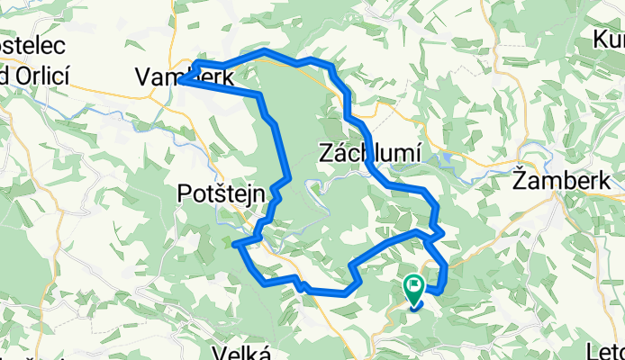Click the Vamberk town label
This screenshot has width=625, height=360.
coord(185,78)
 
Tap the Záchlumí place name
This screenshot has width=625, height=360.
coord(370,154)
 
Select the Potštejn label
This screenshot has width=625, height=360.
coord(220,193)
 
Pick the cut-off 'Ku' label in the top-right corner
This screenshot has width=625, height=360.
coord(608,40)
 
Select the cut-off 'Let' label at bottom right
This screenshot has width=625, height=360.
coord(609,349)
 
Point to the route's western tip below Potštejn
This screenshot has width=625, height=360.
coord(234,244)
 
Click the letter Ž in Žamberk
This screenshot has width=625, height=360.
coord(520,180)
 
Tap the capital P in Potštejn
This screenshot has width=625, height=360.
coord(185,193)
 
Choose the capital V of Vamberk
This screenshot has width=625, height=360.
coord(143,78)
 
